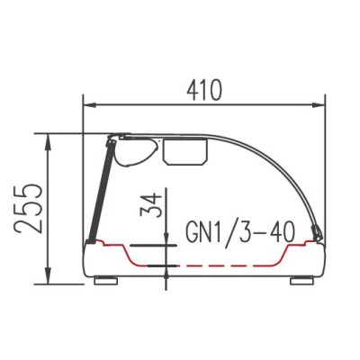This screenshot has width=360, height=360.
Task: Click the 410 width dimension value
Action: pyautogui.click(x=204, y=90)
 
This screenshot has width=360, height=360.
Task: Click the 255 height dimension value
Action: pyautogui.click(x=29, y=209)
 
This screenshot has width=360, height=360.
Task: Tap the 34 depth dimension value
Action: pyautogui.click(x=151, y=205)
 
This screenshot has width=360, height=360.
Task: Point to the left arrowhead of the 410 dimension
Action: pyautogui.click(x=89, y=104)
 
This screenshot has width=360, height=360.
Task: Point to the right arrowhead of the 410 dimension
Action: pyautogui.click(x=319, y=104)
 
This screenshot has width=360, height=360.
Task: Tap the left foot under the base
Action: pyautogui.click(x=105, y=281)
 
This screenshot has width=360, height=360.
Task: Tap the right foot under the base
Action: pyautogui.click(x=302, y=281)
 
